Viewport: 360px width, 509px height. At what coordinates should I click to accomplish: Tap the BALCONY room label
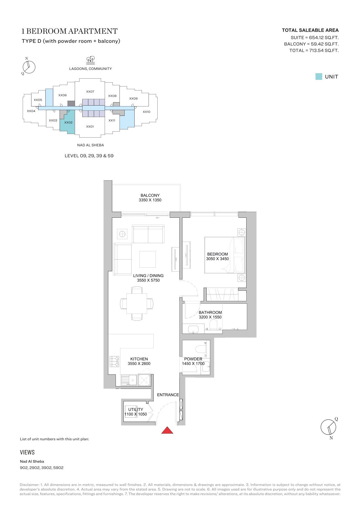coord(150,195)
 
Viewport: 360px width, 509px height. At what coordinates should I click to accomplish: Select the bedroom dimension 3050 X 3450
coord(218,259)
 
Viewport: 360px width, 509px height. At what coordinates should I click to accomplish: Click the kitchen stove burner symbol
coord(114,361)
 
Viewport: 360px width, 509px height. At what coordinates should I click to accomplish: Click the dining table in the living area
coord(137,303)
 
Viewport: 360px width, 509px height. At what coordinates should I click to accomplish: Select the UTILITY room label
coord(136,409)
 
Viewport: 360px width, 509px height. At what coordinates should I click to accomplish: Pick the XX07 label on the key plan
coord(90,92)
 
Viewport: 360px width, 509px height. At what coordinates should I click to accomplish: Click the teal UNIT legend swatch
coord(319,77)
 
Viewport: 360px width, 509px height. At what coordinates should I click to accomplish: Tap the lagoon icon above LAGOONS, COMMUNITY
coord(90,60)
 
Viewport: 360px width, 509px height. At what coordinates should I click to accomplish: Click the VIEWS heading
coord(27,452)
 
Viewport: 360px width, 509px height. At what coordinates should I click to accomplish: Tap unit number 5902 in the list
coord(58,468)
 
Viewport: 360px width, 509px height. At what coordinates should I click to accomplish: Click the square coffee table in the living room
coord(148,259)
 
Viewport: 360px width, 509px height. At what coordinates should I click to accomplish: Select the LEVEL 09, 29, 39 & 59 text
coord(89,156)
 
